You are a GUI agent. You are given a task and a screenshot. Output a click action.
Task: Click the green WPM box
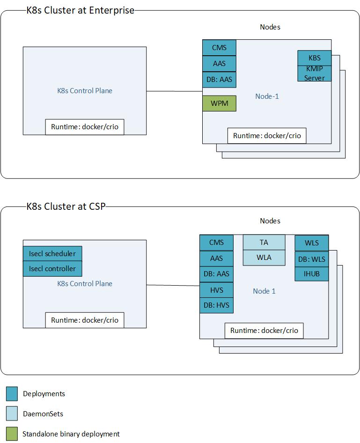point(219,103)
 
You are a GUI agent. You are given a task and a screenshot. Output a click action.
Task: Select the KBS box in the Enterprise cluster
point(314,58)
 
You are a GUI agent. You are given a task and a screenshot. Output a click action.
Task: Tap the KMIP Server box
point(314,74)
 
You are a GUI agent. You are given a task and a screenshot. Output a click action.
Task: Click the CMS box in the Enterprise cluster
point(219,47)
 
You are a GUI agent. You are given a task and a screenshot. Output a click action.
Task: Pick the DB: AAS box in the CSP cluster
point(216,274)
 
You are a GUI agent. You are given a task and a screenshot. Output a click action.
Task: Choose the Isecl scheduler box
point(52,254)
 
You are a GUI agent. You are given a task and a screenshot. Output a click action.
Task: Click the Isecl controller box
point(52,269)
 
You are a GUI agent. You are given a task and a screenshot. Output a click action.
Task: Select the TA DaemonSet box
point(264,242)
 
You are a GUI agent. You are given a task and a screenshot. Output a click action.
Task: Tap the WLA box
point(264,258)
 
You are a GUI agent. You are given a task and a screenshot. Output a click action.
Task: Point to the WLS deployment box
point(311,243)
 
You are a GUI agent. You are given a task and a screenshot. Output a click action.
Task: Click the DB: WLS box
point(311,259)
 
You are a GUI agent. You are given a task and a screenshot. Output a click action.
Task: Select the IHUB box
point(311,274)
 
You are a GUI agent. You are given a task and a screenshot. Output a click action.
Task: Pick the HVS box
point(216,290)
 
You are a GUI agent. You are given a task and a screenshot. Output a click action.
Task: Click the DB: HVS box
point(216,305)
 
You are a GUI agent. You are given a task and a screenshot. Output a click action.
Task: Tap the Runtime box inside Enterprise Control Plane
point(85,127)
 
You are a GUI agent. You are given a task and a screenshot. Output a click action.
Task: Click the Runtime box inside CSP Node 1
point(264,331)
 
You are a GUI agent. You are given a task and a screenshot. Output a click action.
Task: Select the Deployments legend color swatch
point(12,394)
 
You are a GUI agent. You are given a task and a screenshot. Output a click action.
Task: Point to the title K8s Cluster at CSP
point(66,207)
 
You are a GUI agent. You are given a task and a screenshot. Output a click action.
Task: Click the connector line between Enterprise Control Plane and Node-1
point(174,91)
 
